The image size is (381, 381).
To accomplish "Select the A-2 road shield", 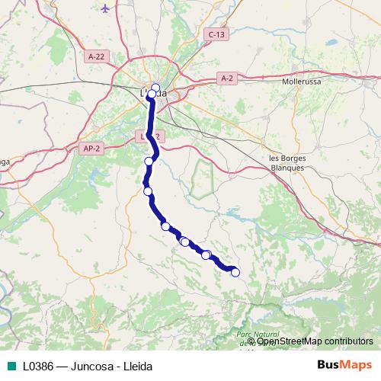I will [227, 78].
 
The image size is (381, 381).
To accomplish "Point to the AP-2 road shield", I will [91, 148].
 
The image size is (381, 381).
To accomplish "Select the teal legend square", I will [10, 366].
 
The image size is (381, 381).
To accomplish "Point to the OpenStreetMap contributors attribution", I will [313, 341].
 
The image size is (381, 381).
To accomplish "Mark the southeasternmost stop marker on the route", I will [235, 272].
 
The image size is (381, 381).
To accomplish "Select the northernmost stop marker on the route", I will [155, 87].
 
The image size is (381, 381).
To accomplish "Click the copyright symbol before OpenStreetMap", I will [251, 341].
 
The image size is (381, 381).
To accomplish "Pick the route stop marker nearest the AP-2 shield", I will [149, 161].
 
